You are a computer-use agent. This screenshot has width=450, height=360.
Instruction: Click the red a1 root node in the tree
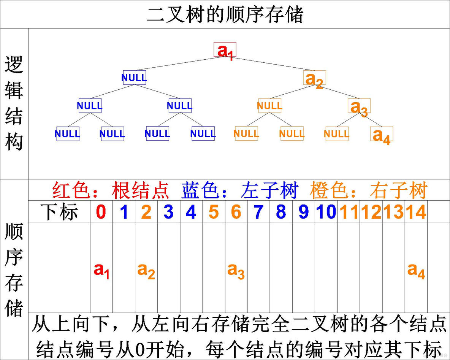tap(225, 50)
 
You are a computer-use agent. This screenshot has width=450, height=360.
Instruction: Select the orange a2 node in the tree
tap(315, 79)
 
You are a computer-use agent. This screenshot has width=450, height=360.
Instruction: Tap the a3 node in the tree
tap(359, 107)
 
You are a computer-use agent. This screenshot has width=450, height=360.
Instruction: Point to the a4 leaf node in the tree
tap(382, 135)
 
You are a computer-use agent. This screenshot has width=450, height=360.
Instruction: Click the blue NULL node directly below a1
tap(134, 78)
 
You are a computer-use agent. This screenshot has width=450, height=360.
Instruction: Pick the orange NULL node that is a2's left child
tap(269, 106)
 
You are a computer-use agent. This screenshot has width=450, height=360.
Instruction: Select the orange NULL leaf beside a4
tap(337, 134)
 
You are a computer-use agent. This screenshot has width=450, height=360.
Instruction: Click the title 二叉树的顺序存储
tap(225, 15)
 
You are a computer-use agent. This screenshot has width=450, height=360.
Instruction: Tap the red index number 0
tap(101, 212)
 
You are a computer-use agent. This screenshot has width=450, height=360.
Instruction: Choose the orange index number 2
tap(146, 212)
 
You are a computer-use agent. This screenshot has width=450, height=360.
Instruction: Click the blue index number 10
tap(326, 212)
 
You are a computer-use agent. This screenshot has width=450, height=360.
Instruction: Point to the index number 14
tap(416, 212)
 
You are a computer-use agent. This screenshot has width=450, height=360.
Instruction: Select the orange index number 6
tap(236, 212)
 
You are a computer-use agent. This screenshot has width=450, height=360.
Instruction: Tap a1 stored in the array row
tap(101, 270)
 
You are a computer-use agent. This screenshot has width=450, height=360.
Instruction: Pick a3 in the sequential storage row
tap(236, 270)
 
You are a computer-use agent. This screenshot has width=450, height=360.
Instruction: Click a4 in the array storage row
tap(416, 270)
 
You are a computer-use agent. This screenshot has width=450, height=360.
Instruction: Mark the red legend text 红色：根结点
tap(111, 190)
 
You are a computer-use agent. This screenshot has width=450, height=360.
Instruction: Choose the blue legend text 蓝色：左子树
tap(239, 190)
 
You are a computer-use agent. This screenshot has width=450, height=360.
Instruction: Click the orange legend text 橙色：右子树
tap(369, 190)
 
